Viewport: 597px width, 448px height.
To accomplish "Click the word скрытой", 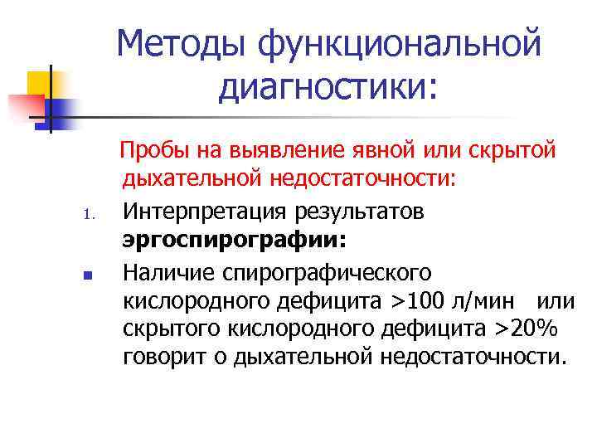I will coord(516,151).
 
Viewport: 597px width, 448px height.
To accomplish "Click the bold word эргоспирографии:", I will coord(235,241).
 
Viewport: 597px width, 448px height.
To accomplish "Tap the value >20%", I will coord(528,329).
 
